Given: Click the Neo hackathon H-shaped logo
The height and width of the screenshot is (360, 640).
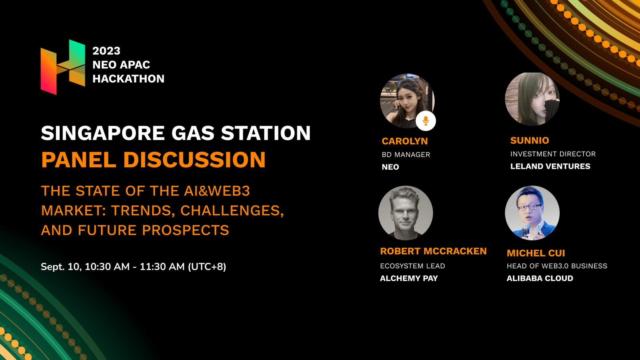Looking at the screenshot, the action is (x=63, y=67).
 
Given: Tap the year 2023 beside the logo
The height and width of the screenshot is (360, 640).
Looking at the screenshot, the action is (x=106, y=51).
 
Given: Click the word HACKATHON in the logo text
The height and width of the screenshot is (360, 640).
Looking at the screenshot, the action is (x=128, y=78).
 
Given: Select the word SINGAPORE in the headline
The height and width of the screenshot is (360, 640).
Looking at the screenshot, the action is (x=103, y=133).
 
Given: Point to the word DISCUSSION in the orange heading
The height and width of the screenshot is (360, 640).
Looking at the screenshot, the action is (x=194, y=160).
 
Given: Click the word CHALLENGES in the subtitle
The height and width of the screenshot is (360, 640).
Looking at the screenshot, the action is (x=232, y=211).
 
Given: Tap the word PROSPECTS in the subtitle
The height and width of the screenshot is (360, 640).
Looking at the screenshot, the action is (x=186, y=230).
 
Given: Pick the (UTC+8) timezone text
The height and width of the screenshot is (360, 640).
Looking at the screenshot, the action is (x=207, y=266).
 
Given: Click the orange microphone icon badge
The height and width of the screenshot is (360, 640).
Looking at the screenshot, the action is (x=426, y=121).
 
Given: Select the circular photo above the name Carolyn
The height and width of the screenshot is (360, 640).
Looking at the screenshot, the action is (x=407, y=100).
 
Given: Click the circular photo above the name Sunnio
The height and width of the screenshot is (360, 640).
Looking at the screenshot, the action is (x=532, y=99).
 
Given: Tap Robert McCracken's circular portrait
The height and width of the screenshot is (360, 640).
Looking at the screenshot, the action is (x=406, y=213).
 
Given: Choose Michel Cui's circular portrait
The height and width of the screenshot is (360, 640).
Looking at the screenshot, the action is (x=532, y=213).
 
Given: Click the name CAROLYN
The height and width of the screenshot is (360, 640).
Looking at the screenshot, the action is (x=405, y=141).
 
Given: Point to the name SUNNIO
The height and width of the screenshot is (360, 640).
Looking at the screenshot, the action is (x=530, y=140).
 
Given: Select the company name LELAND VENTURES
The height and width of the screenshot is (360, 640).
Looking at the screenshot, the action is (x=550, y=166).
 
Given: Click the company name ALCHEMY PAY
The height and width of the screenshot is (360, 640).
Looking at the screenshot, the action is (x=409, y=278).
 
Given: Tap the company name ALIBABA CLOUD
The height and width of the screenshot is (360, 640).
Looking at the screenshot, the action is (x=540, y=278).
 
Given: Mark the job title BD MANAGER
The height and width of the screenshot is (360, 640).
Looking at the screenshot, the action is (x=406, y=154).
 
